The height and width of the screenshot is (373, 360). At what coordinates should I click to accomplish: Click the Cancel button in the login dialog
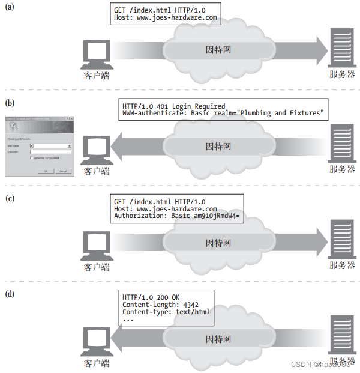click(62, 171)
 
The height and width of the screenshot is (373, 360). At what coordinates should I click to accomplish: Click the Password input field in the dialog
click(50, 153)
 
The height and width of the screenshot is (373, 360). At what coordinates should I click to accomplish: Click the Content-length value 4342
click(191, 305)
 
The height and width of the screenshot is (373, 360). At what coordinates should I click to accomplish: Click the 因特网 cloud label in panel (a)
click(218, 49)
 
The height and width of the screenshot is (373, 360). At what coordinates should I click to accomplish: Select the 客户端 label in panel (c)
click(97, 266)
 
